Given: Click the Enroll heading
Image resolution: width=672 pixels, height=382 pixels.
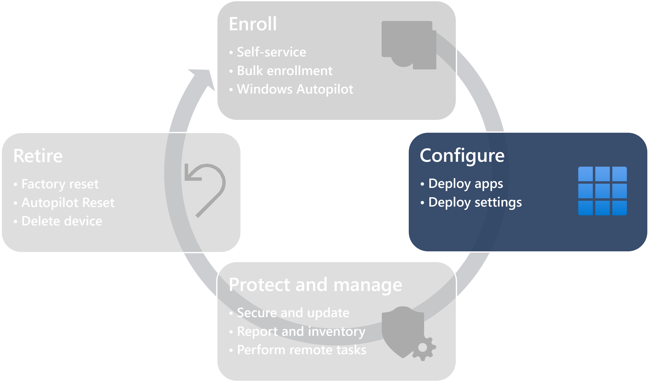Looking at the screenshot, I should [252, 24].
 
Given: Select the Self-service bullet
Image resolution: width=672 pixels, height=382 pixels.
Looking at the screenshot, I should [271, 52].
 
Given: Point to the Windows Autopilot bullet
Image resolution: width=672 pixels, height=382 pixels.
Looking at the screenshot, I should [295, 89].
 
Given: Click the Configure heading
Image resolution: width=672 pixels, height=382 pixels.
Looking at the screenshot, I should [462, 156].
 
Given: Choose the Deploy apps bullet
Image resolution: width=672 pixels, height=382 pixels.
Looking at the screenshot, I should [465, 184].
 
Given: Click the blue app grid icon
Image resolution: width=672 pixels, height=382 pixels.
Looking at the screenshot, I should [602, 191].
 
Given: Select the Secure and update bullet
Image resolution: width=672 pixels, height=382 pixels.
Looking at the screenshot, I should [293, 313].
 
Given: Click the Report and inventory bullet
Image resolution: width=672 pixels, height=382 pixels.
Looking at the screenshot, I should [301, 331].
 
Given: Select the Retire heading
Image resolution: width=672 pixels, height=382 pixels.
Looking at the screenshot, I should [38, 156].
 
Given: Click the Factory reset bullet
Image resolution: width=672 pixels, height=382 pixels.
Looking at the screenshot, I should [60, 184].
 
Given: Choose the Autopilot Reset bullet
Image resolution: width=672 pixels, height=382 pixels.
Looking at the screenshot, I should [68, 203].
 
